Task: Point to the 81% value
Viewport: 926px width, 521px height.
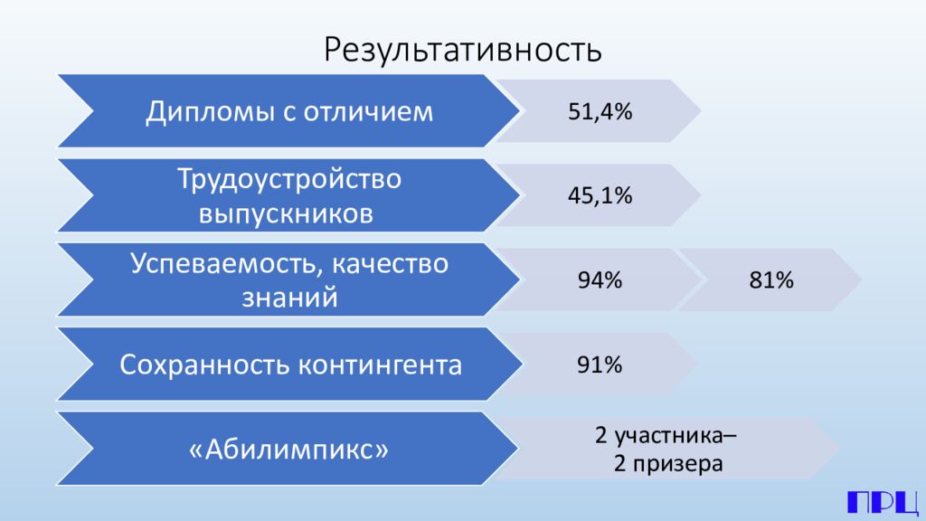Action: coord(771,280)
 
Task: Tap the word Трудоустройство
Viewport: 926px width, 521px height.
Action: coord(288,179)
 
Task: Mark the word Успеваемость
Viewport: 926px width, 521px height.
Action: coord(223,263)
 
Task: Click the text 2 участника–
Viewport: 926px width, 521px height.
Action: coord(665,434)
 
